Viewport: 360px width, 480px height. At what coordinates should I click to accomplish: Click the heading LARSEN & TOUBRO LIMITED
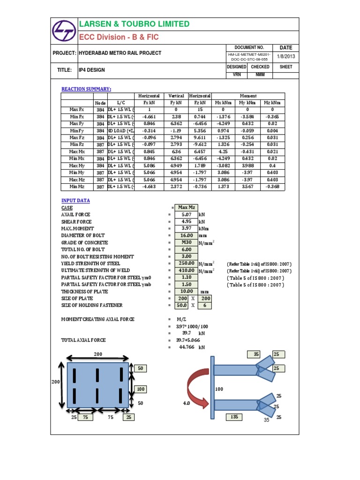[135, 24]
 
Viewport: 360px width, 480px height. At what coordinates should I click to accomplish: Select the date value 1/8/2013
[285, 57]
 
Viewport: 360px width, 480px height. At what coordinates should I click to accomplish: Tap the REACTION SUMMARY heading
[87, 89]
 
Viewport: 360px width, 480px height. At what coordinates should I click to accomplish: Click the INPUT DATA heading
[75, 201]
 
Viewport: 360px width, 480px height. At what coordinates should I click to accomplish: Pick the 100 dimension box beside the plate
[140, 389]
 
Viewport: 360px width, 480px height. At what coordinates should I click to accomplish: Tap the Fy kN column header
[176, 103]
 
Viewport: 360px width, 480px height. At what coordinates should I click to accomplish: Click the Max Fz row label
[76, 138]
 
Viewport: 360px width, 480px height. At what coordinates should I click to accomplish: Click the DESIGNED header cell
[237, 67]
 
